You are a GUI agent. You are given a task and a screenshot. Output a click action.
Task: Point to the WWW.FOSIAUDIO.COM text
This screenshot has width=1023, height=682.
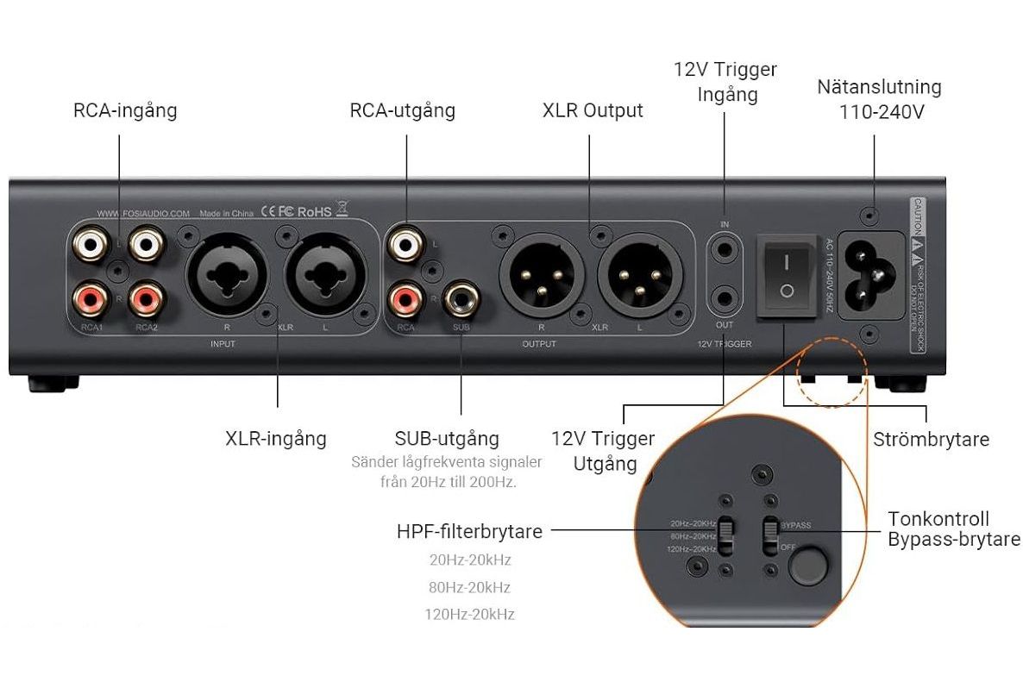[142, 213]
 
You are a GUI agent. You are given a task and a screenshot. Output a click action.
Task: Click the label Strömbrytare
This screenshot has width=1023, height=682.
[931, 439]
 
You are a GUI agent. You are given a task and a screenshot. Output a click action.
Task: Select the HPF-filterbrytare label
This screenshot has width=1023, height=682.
[469, 532]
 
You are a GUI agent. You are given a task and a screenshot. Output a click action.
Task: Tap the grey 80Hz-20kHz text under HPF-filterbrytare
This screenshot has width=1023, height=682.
[469, 588]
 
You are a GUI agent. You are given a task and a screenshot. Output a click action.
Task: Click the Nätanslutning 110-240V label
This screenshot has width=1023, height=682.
[879, 99]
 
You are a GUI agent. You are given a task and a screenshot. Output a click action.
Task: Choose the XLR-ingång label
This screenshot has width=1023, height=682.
[276, 438]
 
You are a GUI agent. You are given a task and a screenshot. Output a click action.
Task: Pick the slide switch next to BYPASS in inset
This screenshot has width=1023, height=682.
[768, 537]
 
